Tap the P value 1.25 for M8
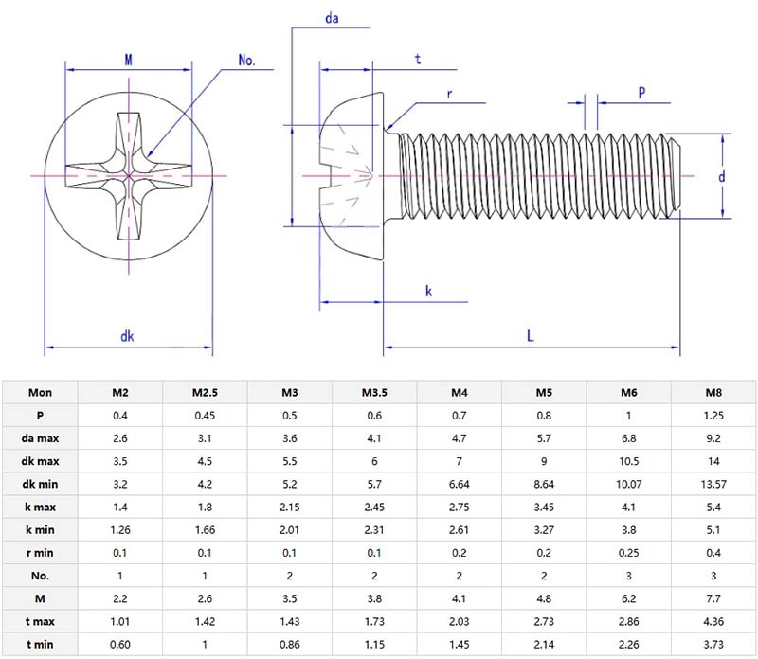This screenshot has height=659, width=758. click(714, 415)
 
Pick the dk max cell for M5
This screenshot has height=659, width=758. click(544, 460)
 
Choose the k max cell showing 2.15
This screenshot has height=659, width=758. click(290, 507)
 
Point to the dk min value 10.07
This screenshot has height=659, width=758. click(629, 484)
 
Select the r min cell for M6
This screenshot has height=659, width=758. click(629, 553)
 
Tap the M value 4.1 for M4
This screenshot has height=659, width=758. click(460, 599)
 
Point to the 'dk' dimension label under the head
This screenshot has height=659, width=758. click(126, 336)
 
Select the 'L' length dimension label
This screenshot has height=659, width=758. click(530, 336)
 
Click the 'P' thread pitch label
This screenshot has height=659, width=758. click(641, 93)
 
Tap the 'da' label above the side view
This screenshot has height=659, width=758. click(332, 18)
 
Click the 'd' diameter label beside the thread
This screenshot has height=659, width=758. click(721, 176)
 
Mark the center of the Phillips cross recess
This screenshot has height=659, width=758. click(128, 176)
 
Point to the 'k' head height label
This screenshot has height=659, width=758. click(428, 292)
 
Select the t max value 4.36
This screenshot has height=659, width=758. click(714, 622)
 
